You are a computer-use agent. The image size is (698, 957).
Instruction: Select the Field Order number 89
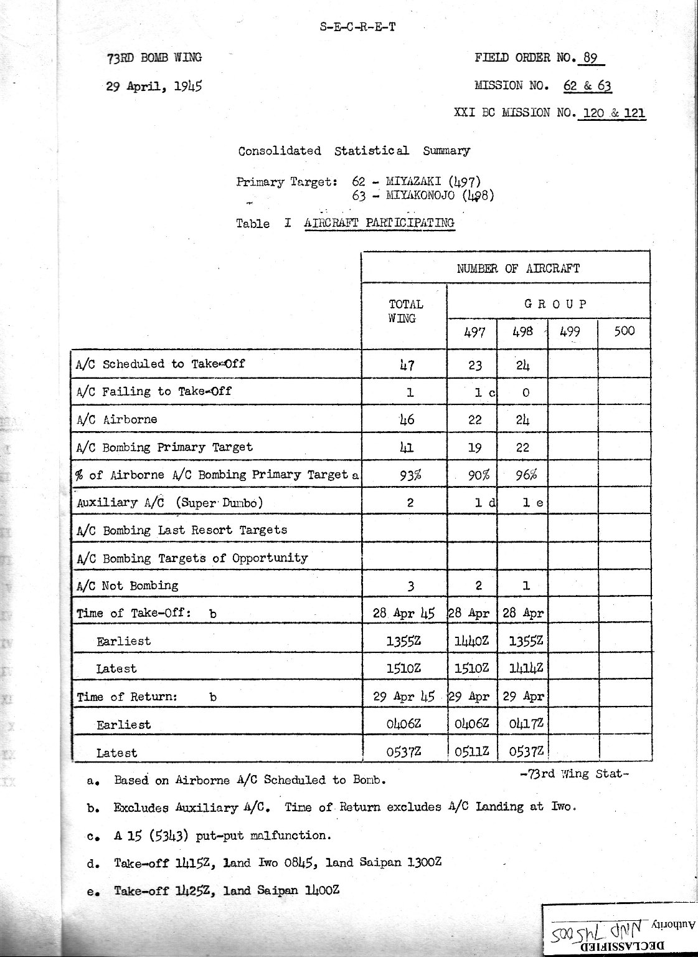click(x=591, y=59)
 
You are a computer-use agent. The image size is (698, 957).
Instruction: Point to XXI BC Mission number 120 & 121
click(x=612, y=113)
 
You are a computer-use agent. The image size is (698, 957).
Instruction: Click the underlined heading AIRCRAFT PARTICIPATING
click(x=380, y=222)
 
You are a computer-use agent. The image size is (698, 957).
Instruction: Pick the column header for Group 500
click(x=624, y=331)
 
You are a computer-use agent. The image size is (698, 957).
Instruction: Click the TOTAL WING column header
click(x=405, y=310)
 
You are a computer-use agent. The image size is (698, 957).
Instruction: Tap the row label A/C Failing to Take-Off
click(x=154, y=391)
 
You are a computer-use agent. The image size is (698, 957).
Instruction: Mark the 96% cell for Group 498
click(x=522, y=474)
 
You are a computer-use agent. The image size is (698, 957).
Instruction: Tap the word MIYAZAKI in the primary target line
click(x=415, y=182)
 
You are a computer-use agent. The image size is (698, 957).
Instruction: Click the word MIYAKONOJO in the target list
click(x=422, y=195)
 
